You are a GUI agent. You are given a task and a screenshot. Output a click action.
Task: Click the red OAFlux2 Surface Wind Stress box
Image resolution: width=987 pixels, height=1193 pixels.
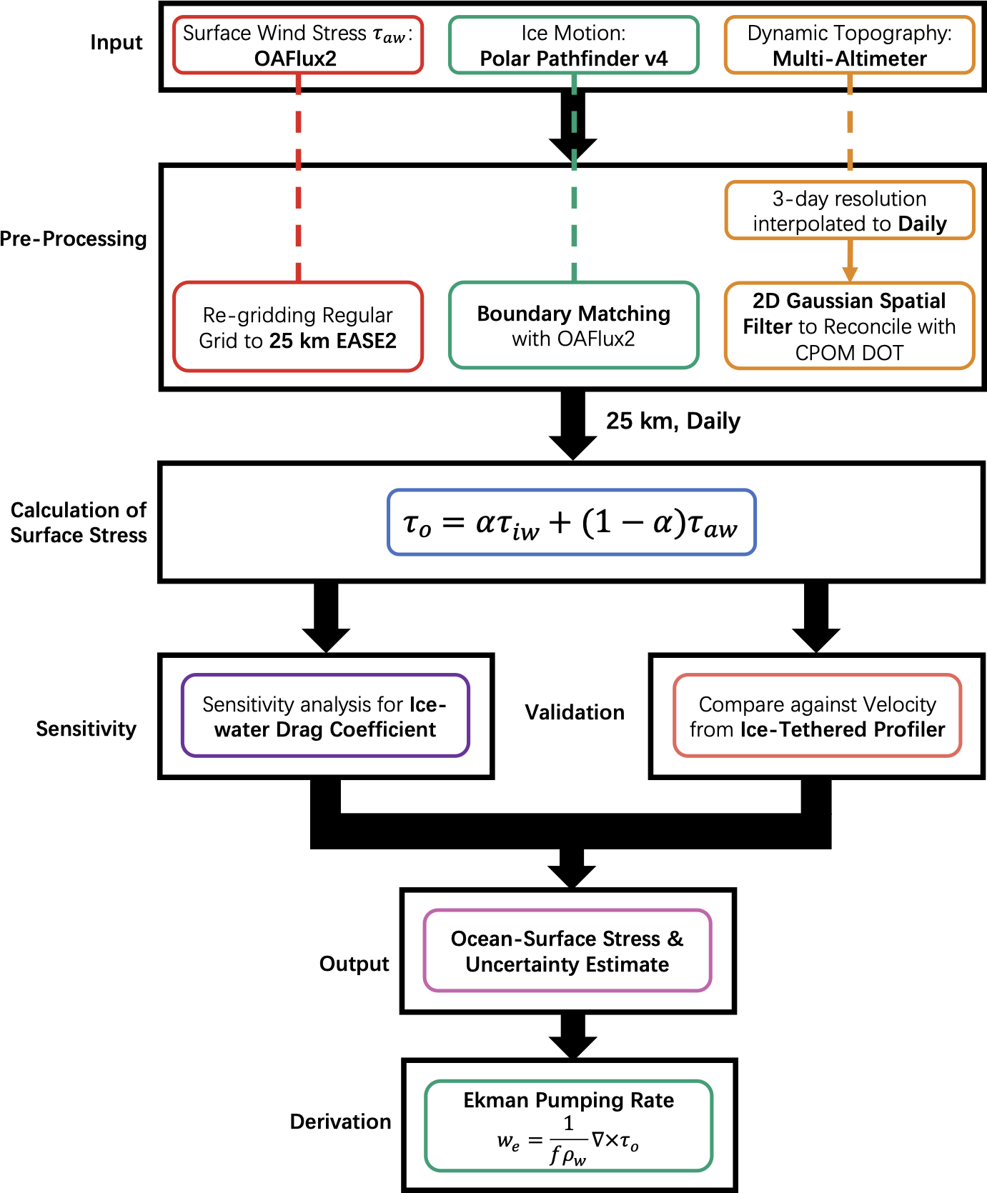point(298,45)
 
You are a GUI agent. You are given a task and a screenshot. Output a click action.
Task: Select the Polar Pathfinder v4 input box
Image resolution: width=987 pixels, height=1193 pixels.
point(573,45)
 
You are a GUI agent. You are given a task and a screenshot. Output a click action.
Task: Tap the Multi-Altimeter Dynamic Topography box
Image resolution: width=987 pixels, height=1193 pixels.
point(849,45)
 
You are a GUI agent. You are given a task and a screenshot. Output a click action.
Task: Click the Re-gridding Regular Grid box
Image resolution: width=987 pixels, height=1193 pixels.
point(298,327)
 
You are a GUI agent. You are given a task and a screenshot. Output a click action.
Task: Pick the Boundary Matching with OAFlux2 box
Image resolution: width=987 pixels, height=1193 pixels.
point(573,326)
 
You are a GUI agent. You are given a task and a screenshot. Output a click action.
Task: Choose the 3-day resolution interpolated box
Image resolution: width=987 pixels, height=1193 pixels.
point(849,211)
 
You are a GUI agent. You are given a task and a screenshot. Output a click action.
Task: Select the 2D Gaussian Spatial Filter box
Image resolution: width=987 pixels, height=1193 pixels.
point(849,326)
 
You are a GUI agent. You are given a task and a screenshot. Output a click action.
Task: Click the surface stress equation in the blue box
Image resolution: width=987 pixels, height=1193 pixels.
point(571,523)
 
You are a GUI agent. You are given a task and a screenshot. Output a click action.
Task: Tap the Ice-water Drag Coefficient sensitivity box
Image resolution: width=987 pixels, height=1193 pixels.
point(325,716)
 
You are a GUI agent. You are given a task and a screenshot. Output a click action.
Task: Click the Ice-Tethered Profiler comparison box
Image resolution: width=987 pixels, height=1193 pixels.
point(817,716)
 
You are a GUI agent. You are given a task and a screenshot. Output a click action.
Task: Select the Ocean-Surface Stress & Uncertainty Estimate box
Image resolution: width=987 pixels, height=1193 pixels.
point(567,951)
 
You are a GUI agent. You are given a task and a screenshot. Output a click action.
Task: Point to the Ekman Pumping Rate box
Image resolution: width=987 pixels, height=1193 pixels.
point(568,1126)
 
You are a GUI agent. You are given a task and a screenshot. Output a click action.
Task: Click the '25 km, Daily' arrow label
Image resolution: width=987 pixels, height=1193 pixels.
point(673,421)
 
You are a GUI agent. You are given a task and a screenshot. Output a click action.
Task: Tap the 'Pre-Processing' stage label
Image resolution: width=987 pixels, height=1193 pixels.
point(74,239)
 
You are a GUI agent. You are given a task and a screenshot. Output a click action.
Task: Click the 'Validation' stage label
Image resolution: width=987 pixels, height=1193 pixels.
point(575,712)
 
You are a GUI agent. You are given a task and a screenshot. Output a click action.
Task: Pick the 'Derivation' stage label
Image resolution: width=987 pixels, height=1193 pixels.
point(340,1122)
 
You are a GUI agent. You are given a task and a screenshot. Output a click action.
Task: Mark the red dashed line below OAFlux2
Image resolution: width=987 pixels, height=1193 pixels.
point(298,179)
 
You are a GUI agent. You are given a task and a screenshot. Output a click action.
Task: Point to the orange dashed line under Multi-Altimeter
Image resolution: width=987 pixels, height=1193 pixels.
point(849,129)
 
